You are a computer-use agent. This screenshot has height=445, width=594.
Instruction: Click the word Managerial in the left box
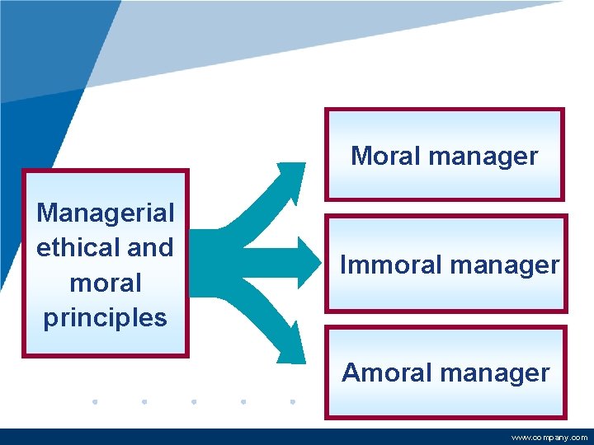tap(106, 213)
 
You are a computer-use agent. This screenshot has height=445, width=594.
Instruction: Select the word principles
tap(106, 317)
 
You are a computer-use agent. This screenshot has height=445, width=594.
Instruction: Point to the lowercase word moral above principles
tap(106, 283)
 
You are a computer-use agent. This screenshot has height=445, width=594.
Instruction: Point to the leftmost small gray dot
tap(95, 402)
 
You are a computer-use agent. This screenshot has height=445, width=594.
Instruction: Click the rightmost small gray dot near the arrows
tap(293, 402)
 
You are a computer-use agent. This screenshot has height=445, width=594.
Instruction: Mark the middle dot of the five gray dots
tap(194, 402)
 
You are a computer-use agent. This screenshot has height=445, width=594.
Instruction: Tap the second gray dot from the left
tap(144, 402)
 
